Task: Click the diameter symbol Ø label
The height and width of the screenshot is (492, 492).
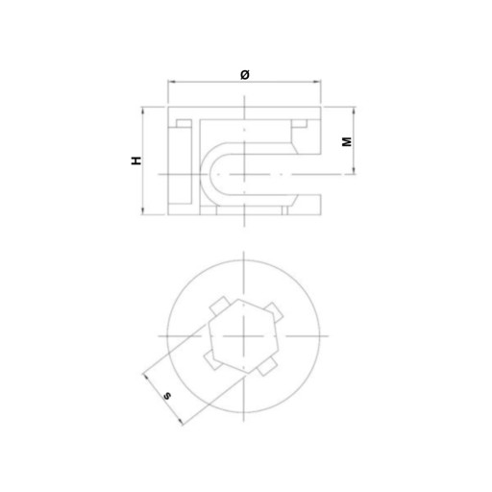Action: pyautogui.click(x=245, y=75)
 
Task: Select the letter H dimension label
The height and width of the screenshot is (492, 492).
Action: pyautogui.click(x=136, y=160)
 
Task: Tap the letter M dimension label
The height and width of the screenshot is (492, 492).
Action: pyautogui.click(x=347, y=141)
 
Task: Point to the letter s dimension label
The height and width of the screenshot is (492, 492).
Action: pyautogui.click(x=167, y=396)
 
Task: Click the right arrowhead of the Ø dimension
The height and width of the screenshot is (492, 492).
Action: pyautogui.click(x=317, y=82)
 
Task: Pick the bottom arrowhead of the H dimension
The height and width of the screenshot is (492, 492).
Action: pyautogui.click(x=143, y=210)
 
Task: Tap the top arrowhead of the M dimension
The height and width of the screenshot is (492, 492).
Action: pyautogui.click(x=354, y=111)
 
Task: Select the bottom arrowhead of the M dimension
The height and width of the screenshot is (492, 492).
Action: pyautogui.click(x=354, y=170)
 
